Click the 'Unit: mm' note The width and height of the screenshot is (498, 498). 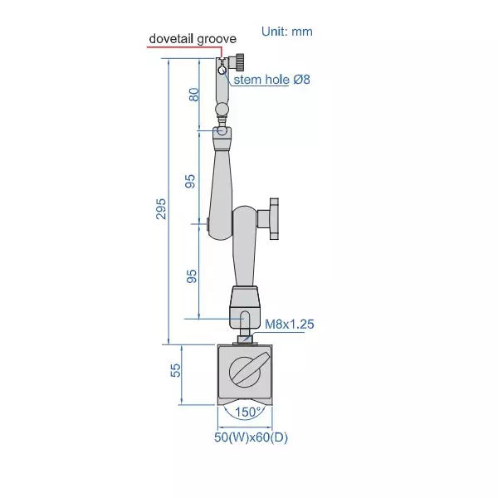pos(287,32)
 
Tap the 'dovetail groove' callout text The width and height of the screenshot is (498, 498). pos(192,38)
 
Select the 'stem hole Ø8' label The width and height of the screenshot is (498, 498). pos(271,80)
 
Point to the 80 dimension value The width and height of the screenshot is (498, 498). pos(193,94)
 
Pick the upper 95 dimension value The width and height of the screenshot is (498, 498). pos(190,181)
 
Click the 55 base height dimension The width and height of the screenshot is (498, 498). pos(175,370)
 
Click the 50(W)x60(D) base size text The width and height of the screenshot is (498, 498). pos(251,437)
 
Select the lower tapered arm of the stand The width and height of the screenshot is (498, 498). pos(246,249)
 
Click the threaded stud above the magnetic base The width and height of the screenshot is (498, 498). pos(245,336)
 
